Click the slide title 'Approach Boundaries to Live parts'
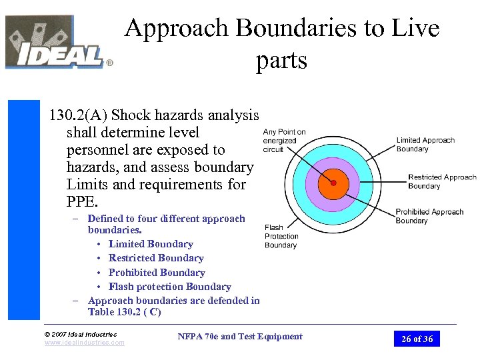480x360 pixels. [281, 44]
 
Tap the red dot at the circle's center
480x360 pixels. [333, 182]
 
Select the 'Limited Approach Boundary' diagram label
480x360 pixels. [425, 145]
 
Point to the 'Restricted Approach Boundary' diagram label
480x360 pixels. [441, 181]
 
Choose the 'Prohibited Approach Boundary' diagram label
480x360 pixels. [429, 216]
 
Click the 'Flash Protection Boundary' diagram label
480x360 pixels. [281, 236]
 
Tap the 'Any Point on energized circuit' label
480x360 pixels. [284, 141]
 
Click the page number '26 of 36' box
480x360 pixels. [417, 339]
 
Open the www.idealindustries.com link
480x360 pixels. [84, 343]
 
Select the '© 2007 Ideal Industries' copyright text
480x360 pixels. [80, 334]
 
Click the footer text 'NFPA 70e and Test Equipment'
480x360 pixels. [240, 337]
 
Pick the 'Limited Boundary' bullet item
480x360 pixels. [151, 244]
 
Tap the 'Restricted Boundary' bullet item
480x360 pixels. [156, 258]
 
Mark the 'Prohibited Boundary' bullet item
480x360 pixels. [157, 273]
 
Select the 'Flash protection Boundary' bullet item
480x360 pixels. [169, 287]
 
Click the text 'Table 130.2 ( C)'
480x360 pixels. [124, 312]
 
